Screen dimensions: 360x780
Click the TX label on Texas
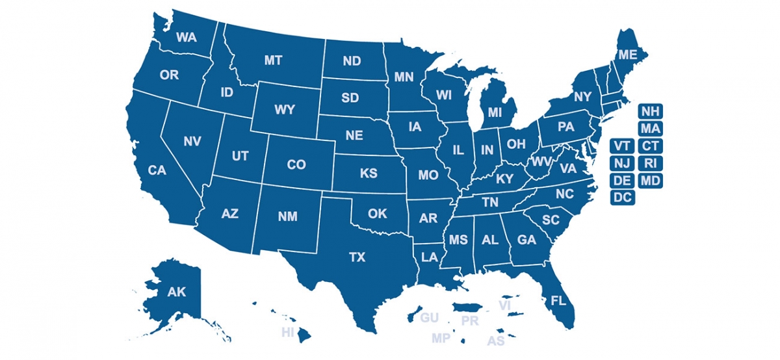coord(357,257)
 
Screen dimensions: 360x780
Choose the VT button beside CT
coord(622,145)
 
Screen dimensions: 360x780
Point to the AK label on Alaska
coord(176,292)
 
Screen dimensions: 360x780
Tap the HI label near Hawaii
coord(288,333)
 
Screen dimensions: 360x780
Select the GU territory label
coord(429,318)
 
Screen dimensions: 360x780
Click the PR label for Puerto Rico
coord(469,321)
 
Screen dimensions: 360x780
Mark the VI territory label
coord(505,305)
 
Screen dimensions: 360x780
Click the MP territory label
coord(441,339)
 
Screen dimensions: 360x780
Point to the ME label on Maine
coord(627,55)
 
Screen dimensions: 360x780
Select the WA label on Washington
coord(186,37)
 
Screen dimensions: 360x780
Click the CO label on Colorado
coord(296,165)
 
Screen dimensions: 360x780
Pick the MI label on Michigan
coord(495,112)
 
